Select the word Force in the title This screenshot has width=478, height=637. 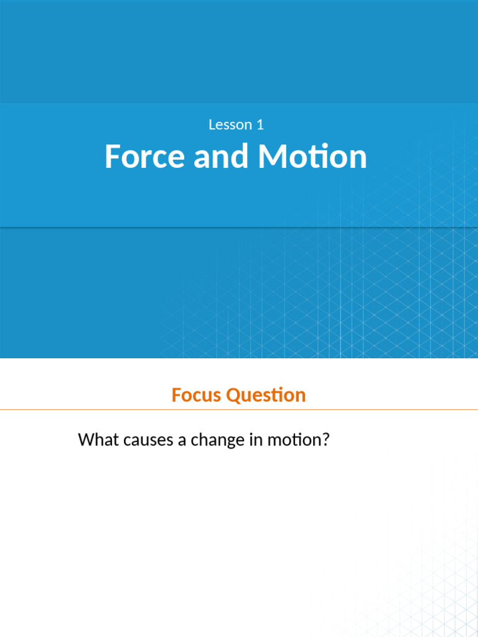pyautogui.click(x=145, y=156)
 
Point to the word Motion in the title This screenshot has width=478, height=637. pyautogui.click(x=313, y=156)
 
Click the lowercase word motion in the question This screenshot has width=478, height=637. pyautogui.click(x=293, y=440)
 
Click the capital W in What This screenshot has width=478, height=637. pyautogui.click(x=86, y=440)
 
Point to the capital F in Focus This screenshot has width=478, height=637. pyautogui.click(x=176, y=395)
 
